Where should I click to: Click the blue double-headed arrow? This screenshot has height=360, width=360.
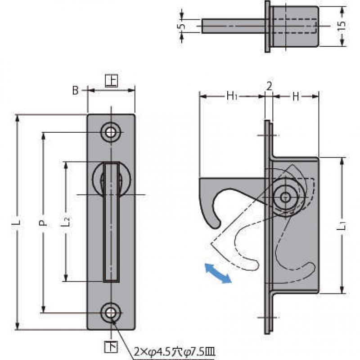point(218,274)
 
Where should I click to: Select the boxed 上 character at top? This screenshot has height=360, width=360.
point(111,81)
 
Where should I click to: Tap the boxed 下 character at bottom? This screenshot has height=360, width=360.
point(111,347)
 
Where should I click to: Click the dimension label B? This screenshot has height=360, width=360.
point(75,90)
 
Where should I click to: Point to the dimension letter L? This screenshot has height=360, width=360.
point(18,222)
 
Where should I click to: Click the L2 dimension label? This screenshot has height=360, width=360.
point(66,221)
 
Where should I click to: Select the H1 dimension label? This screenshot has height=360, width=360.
point(232,96)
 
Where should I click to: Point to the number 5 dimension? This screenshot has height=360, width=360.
point(182,26)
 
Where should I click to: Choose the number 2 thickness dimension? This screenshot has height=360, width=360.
point(269,86)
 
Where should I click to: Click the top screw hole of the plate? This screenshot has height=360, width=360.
point(111,132)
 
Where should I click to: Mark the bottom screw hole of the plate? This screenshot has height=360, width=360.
point(111,313)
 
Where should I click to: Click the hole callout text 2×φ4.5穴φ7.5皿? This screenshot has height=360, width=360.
point(175,352)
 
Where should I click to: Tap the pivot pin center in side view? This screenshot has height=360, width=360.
point(285,197)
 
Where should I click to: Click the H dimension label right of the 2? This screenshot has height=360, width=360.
point(296,96)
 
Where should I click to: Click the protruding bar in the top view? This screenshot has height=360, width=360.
point(233,26)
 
